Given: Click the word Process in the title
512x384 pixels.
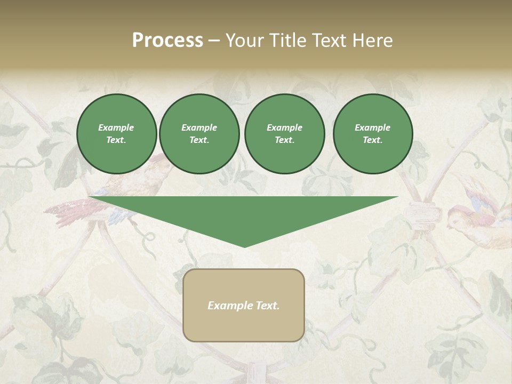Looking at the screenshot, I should [x=167, y=41].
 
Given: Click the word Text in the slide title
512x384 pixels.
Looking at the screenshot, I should [x=332, y=41].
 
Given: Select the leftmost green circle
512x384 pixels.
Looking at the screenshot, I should [x=116, y=134].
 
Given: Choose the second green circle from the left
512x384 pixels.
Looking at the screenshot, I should [x=199, y=134].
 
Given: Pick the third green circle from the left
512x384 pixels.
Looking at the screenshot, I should [x=284, y=134].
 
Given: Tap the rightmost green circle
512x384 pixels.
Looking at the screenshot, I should [x=372, y=134].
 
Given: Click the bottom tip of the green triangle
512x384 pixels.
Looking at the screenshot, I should [x=244, y=246].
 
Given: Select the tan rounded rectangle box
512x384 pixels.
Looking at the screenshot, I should [x=243, y=305].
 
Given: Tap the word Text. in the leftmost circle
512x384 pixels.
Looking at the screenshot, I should [x=116, y=140].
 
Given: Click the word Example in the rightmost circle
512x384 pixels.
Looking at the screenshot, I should [x=372, y=127].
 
